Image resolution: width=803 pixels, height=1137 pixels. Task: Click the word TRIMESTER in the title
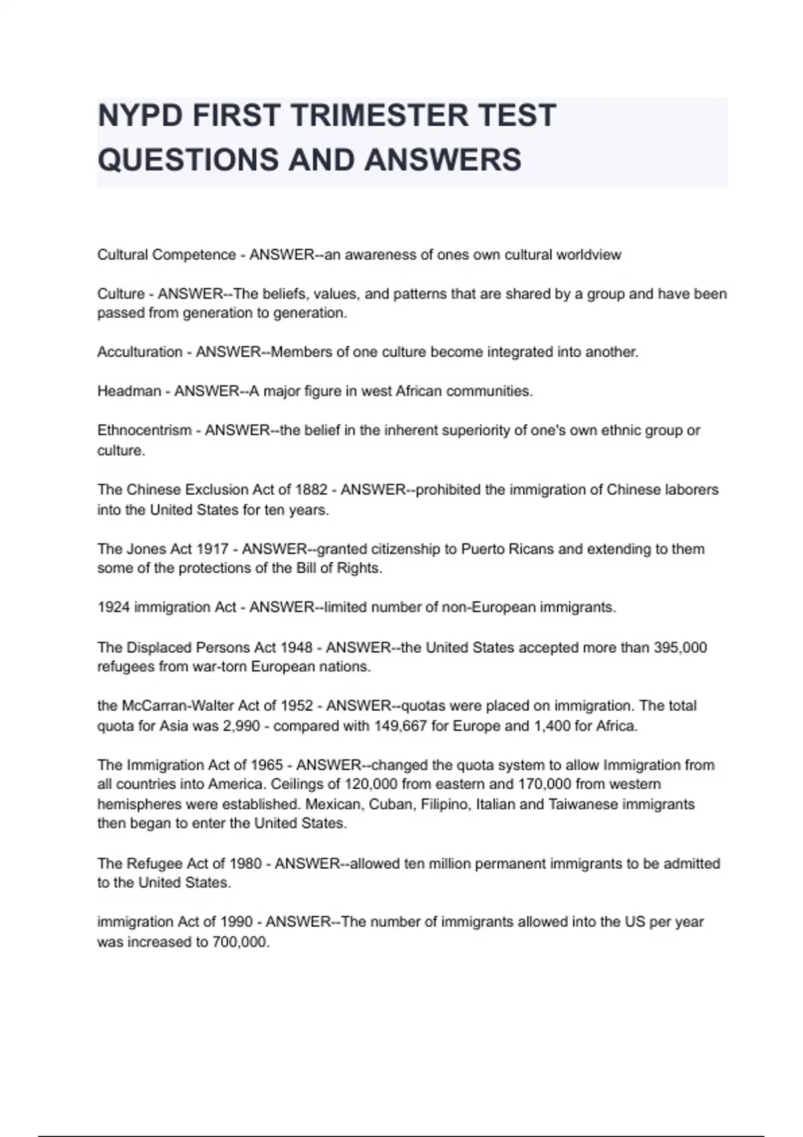pos(379,115)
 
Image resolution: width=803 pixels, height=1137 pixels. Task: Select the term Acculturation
pos(140,352)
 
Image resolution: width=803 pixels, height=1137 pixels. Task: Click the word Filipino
pos(446,804)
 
